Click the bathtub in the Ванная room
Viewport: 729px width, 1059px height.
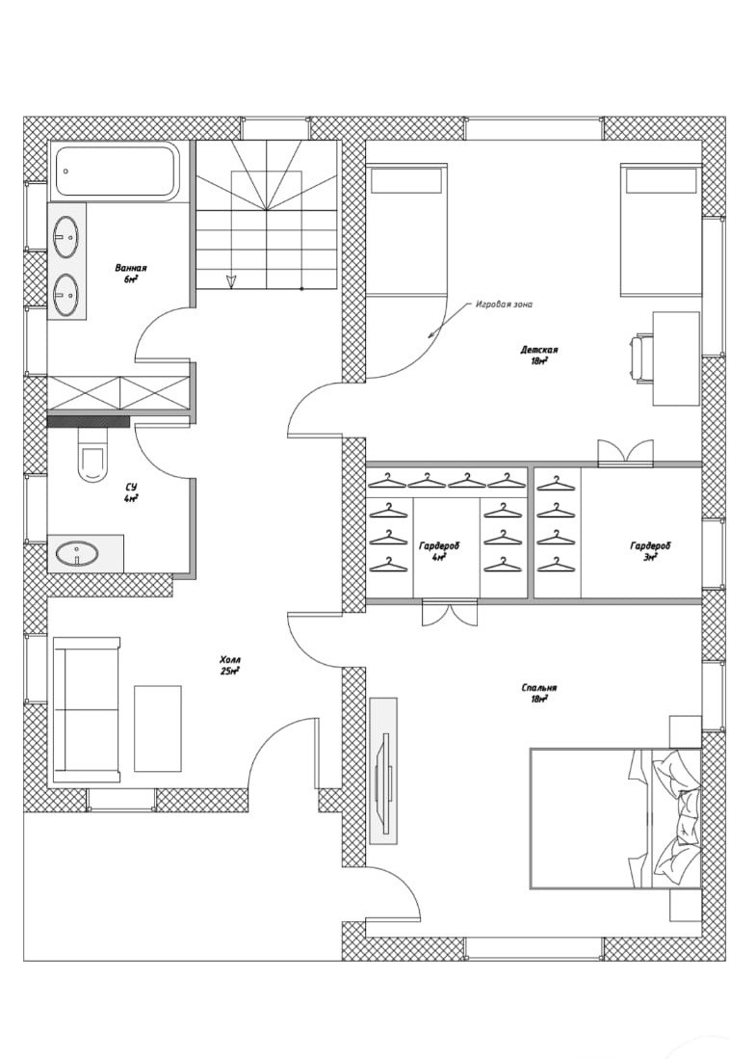click(117, 171)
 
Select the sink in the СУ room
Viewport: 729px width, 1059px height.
click(77, 554)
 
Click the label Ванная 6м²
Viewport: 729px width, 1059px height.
click(131, 273)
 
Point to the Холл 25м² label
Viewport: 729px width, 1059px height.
click(229, 665)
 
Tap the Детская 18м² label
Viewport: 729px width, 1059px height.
click(540, 356)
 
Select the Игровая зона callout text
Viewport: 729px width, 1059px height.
click(504, 304)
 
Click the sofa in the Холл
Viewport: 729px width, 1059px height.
click(87, 708)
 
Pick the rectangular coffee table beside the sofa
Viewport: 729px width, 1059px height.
click(157, 728)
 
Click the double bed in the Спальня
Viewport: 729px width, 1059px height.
click(614, 818)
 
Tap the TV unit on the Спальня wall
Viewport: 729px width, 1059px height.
click(383, 770)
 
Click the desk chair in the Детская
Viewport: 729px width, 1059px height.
click(641, 357)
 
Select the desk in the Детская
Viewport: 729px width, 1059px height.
click(676, 357)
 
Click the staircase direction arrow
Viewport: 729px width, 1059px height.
click(231, 280)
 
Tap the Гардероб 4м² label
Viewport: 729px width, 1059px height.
click(439, 550)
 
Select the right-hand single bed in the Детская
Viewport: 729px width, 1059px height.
click(660, 230)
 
